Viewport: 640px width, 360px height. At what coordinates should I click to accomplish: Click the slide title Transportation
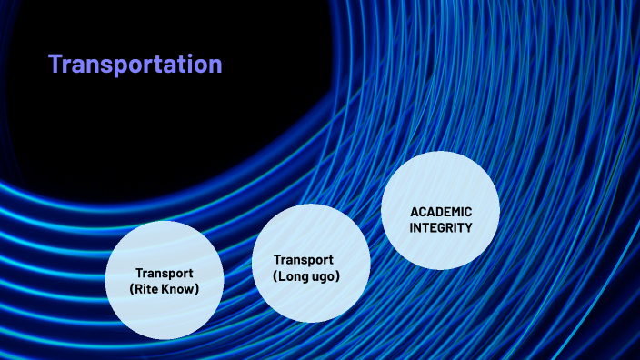[x=135, y=65]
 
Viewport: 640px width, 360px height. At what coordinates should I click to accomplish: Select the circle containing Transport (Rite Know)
[x=165, y=280]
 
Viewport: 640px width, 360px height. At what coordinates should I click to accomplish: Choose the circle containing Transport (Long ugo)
[x=310, y=264]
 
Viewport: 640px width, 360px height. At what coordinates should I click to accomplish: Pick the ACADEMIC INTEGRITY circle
[x=440, y=210]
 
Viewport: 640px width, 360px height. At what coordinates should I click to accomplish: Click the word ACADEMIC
[x=441, y=212]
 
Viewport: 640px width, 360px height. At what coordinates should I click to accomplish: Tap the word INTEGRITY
[x=441, y=227]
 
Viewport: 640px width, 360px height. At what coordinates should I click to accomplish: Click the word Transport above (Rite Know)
[x=165, y=273]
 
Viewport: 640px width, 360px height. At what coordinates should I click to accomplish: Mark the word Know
[x=182, y=289]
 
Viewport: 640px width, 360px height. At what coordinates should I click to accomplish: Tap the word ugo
[x=325, y=275]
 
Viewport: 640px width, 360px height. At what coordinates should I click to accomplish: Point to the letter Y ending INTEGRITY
[x=468, y=227]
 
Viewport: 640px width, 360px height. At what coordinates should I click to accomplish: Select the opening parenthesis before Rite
[x=134, y=289]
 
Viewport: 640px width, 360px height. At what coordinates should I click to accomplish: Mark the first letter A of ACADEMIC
[x=415, y=212]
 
